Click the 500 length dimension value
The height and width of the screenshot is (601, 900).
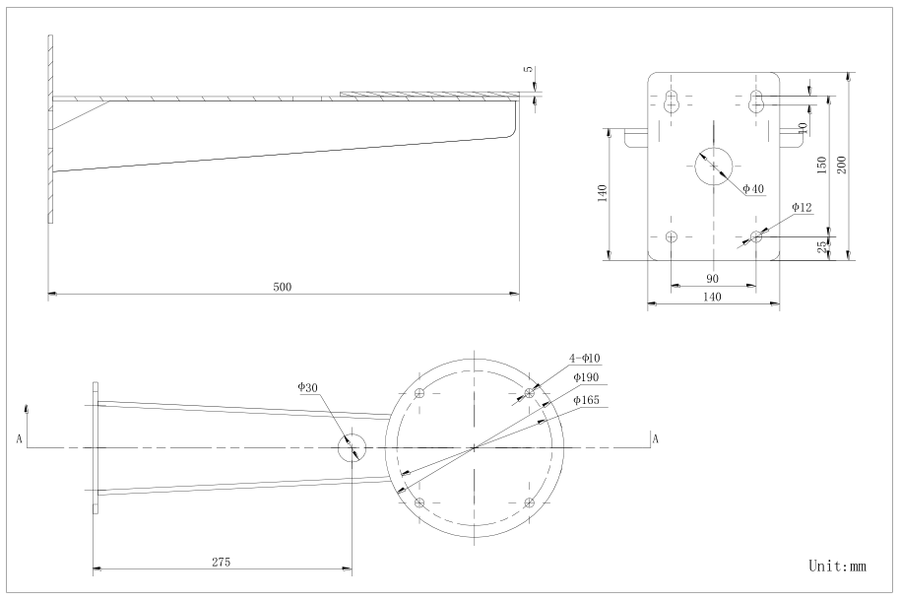pos(283,287)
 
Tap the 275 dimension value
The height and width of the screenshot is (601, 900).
pos(221,562)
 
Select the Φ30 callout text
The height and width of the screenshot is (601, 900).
pos(307,387)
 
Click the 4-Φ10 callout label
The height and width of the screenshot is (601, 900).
pos(585,358)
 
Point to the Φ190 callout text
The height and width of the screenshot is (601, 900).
pos(586,377)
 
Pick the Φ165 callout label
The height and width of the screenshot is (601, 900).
pos(586,400)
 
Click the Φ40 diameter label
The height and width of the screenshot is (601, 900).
pos(753,188)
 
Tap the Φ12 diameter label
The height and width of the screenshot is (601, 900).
pos(802,207)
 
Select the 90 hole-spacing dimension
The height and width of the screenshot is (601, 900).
pos(712,279)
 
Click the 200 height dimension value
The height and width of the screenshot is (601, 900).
pos(842,166)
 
